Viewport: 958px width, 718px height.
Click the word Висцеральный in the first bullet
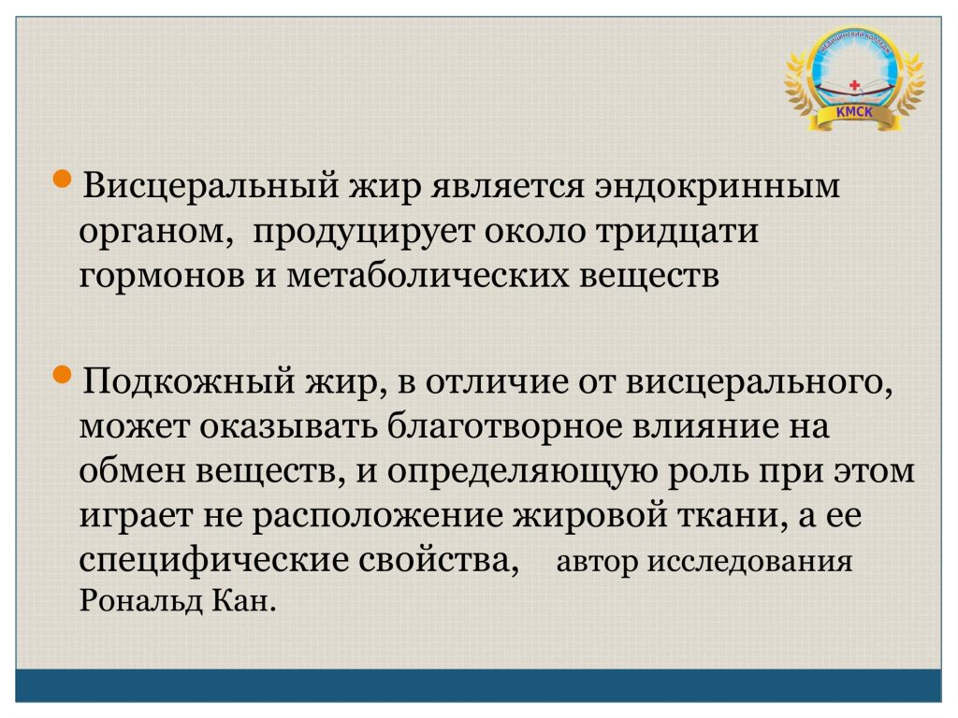210,186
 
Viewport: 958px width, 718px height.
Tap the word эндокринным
718,186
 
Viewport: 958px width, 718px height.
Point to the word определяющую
522,472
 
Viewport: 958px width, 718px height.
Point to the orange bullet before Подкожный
63,374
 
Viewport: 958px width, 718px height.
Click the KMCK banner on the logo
854,113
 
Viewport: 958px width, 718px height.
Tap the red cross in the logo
855,85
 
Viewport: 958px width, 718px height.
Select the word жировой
589,515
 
